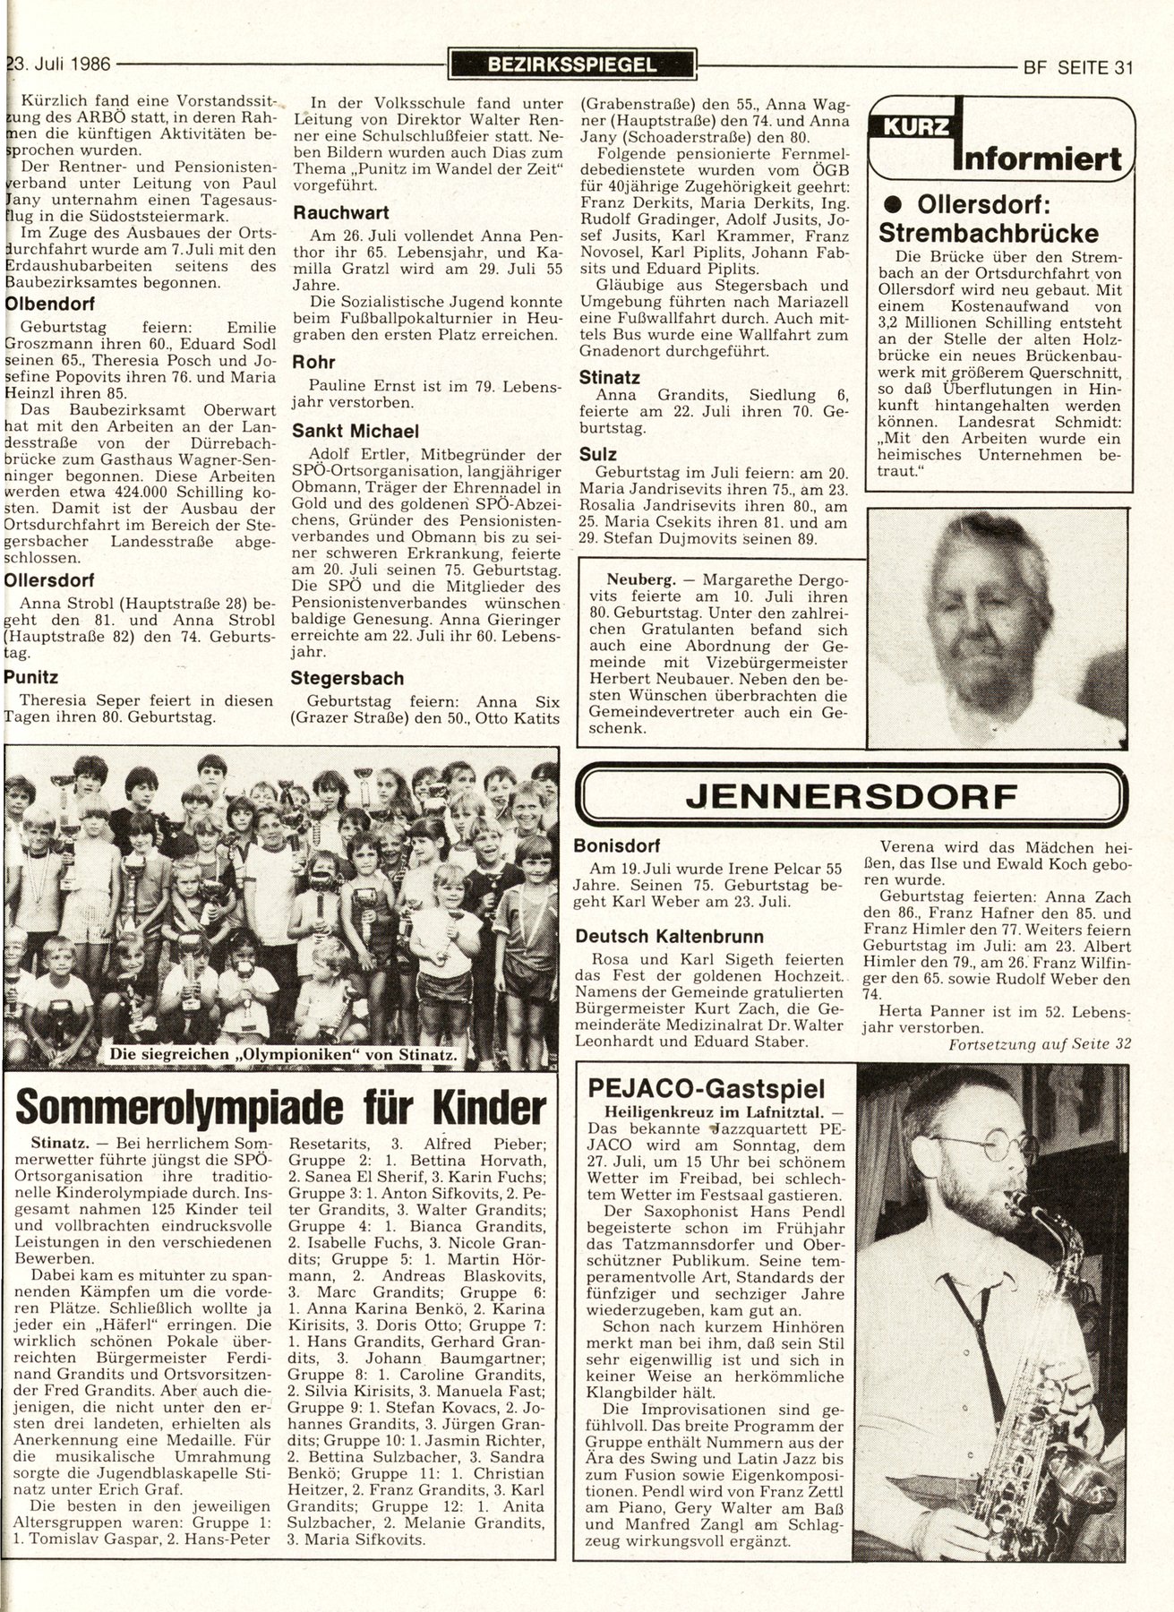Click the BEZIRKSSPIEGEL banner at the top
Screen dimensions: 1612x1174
point(573,64)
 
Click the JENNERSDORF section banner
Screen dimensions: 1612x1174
point(850,795)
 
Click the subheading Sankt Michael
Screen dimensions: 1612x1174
point(356,430)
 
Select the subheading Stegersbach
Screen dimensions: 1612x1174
point(347,678)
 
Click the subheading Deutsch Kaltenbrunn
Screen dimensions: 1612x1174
point(670,936)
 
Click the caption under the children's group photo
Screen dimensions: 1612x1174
point(283,1056)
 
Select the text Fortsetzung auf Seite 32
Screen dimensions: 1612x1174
point(1039,1045)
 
